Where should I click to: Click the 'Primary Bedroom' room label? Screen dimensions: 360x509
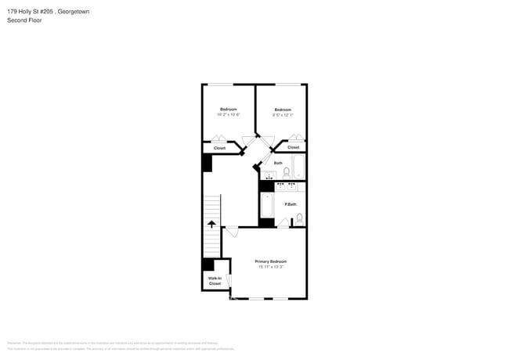270,261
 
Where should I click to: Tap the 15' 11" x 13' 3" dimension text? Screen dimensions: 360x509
270,267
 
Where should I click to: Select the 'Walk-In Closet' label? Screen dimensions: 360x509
215,281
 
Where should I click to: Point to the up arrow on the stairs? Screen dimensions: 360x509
211,225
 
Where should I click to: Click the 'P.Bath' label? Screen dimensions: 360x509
290,204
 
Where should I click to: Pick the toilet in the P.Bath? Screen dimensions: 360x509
299,218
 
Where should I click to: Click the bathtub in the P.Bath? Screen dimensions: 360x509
267,206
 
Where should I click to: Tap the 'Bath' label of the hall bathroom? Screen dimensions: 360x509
278,163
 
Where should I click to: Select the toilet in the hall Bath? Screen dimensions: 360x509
287,171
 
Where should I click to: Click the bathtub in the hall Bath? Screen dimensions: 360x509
298,167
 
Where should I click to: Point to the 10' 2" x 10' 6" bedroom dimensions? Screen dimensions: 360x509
228,114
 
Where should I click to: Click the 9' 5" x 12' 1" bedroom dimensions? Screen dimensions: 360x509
283,115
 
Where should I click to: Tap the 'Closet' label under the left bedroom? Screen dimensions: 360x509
219,148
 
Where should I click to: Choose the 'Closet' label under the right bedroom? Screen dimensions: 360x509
293,147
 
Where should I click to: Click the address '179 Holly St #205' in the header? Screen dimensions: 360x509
31,11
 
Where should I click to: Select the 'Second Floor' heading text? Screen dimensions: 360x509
24,20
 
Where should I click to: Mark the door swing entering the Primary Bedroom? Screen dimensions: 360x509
231,232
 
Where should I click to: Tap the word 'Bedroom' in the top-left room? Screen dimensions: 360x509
228,109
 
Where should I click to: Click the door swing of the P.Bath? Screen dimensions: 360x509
283,223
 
